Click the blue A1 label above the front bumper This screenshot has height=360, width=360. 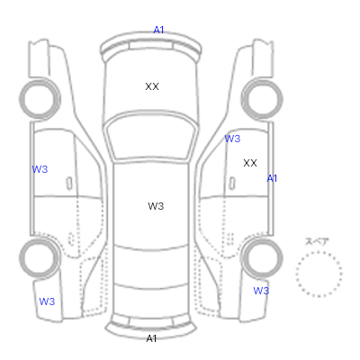coord(158,30)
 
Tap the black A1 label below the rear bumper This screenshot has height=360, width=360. coord(151,338)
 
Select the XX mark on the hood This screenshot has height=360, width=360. coord(152,86)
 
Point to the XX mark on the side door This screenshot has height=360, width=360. coord(250,163)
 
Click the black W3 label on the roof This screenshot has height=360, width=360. coord(156,206)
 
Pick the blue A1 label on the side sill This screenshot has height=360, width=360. coord(272,178)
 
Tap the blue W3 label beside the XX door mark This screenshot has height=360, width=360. coord(232,139)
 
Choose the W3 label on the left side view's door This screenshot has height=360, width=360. coord(40,169)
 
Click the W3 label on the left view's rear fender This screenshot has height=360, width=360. coord(47,301)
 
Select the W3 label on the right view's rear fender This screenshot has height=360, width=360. coord(261,291)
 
